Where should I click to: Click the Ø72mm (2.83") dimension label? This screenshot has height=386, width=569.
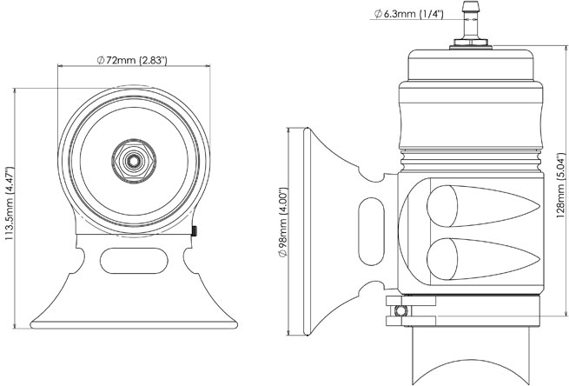pyautogui.click(x=132, y=59)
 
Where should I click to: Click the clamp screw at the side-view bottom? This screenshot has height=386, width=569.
pyautogui.click(x=399, y=309)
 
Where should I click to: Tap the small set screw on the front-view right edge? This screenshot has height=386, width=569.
pyautogui.click(x=197, y=230)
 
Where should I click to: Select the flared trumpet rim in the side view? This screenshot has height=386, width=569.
pyautogui.click(x=308, y=230)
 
